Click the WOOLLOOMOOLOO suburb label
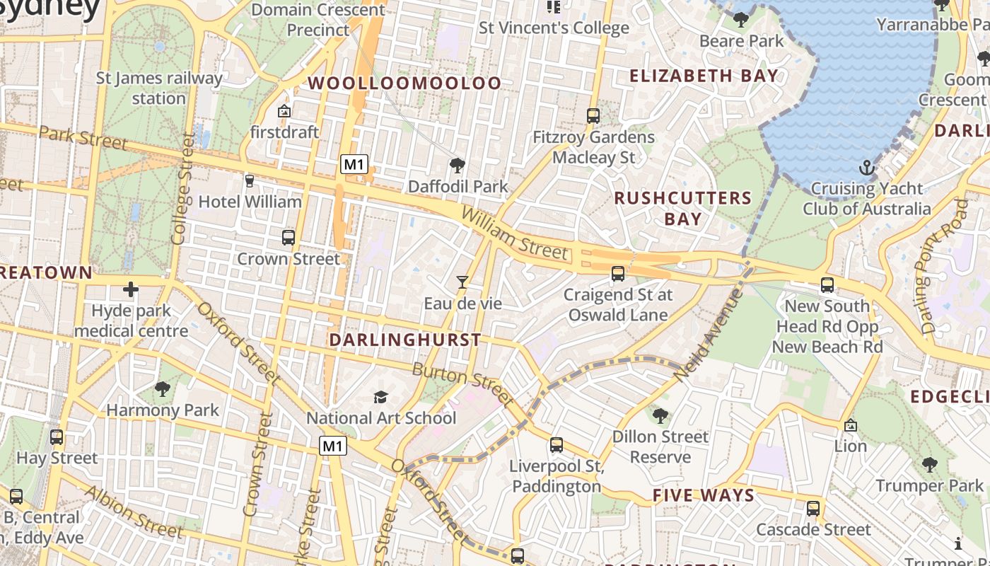pos(404,83)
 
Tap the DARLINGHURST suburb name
pos(405,340)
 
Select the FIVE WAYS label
pos(704,495)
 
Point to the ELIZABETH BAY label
pos(704,76)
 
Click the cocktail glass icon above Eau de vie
pos(462,282)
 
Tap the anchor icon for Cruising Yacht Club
pos(866,168)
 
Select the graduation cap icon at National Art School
pos(381,397)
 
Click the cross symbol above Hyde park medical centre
pos(131,289)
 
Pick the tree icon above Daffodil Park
pos(458,166)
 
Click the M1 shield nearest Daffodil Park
pos(354,165)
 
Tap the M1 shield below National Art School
pos(333,446)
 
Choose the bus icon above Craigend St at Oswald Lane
pos(618,273)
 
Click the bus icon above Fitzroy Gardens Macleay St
pos(593,115)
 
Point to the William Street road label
pos(514,233)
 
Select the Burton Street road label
pos(463,384)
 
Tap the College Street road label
pos(182,189)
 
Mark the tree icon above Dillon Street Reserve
pos(660,415)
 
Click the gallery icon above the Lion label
pos(851,425)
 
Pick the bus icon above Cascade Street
pos(813,508)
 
